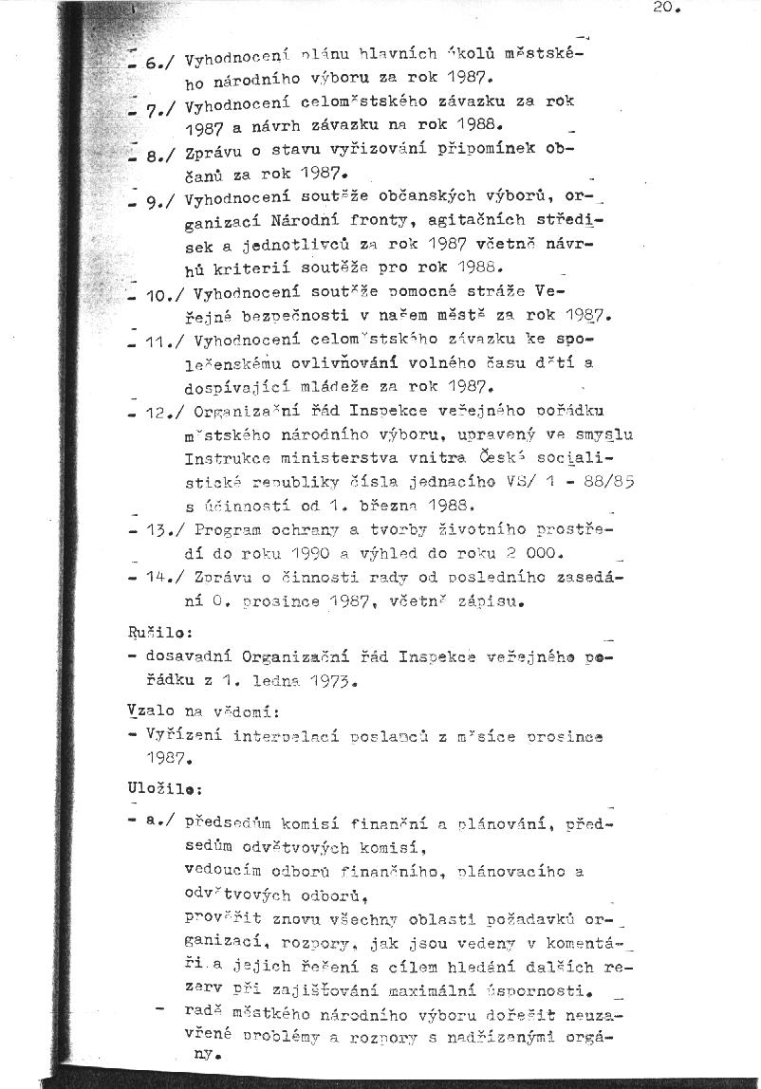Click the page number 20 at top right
[667, 8]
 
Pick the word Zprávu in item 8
[215, 150]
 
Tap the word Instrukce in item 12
[223, 457]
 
